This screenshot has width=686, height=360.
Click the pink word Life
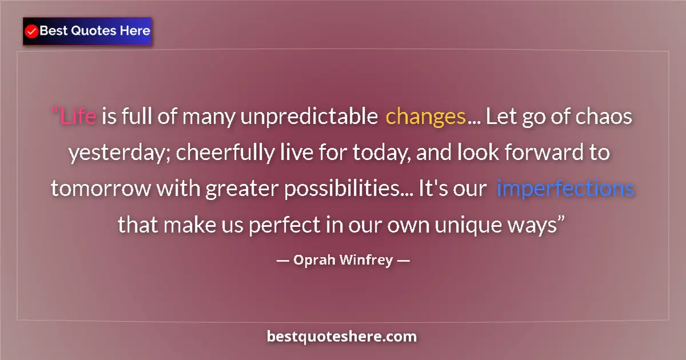pyautogui.click(x=78, y=117)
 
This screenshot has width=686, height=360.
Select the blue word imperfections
pyautogui.click(x=565, y=189)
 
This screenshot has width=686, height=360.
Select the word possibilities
pyautogui.click(x=339, y=189)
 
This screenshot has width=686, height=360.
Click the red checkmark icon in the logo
pyautogui.click(x=32, y=31)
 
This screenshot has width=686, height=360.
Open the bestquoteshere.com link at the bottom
pyautogui.click(x=342, y=337)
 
